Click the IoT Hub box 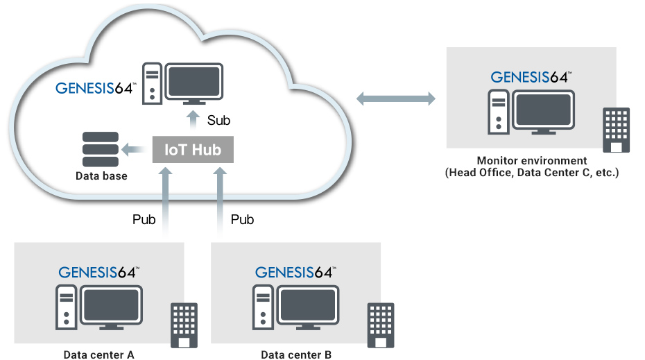click(193, 149)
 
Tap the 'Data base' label click(101, 176)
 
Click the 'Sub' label click(218, 121)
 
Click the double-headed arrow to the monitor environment click(396, 99)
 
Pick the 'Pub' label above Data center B click(242, 220)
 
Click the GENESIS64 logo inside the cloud click(96, 88)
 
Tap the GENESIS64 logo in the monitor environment click(531, 77)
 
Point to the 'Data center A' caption click(98, 355)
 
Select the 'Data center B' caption click(296, 355)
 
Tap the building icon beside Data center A click(184, 325)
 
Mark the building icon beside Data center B click(381, 325)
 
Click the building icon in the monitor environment click(616, 130)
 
